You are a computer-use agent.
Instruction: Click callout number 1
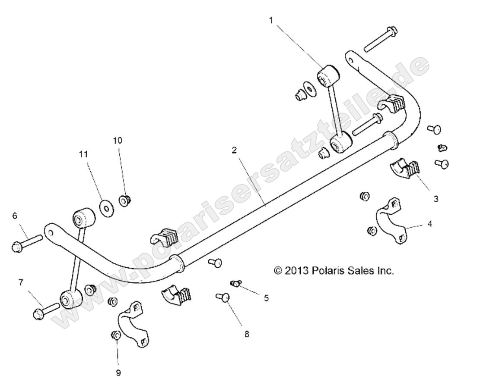point(271,20)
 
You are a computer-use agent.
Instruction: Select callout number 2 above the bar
point(234,150)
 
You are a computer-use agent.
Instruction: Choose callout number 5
point(266,297)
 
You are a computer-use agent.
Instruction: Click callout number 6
point(15,216)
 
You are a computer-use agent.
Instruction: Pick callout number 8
point(247,334)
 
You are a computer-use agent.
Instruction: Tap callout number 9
point(118,373)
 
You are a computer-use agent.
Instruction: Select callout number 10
point(118,141)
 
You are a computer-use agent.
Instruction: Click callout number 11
point(83,154)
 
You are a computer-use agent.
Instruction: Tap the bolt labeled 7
point(44,310)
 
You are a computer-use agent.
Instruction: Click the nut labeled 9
point(116,335)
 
